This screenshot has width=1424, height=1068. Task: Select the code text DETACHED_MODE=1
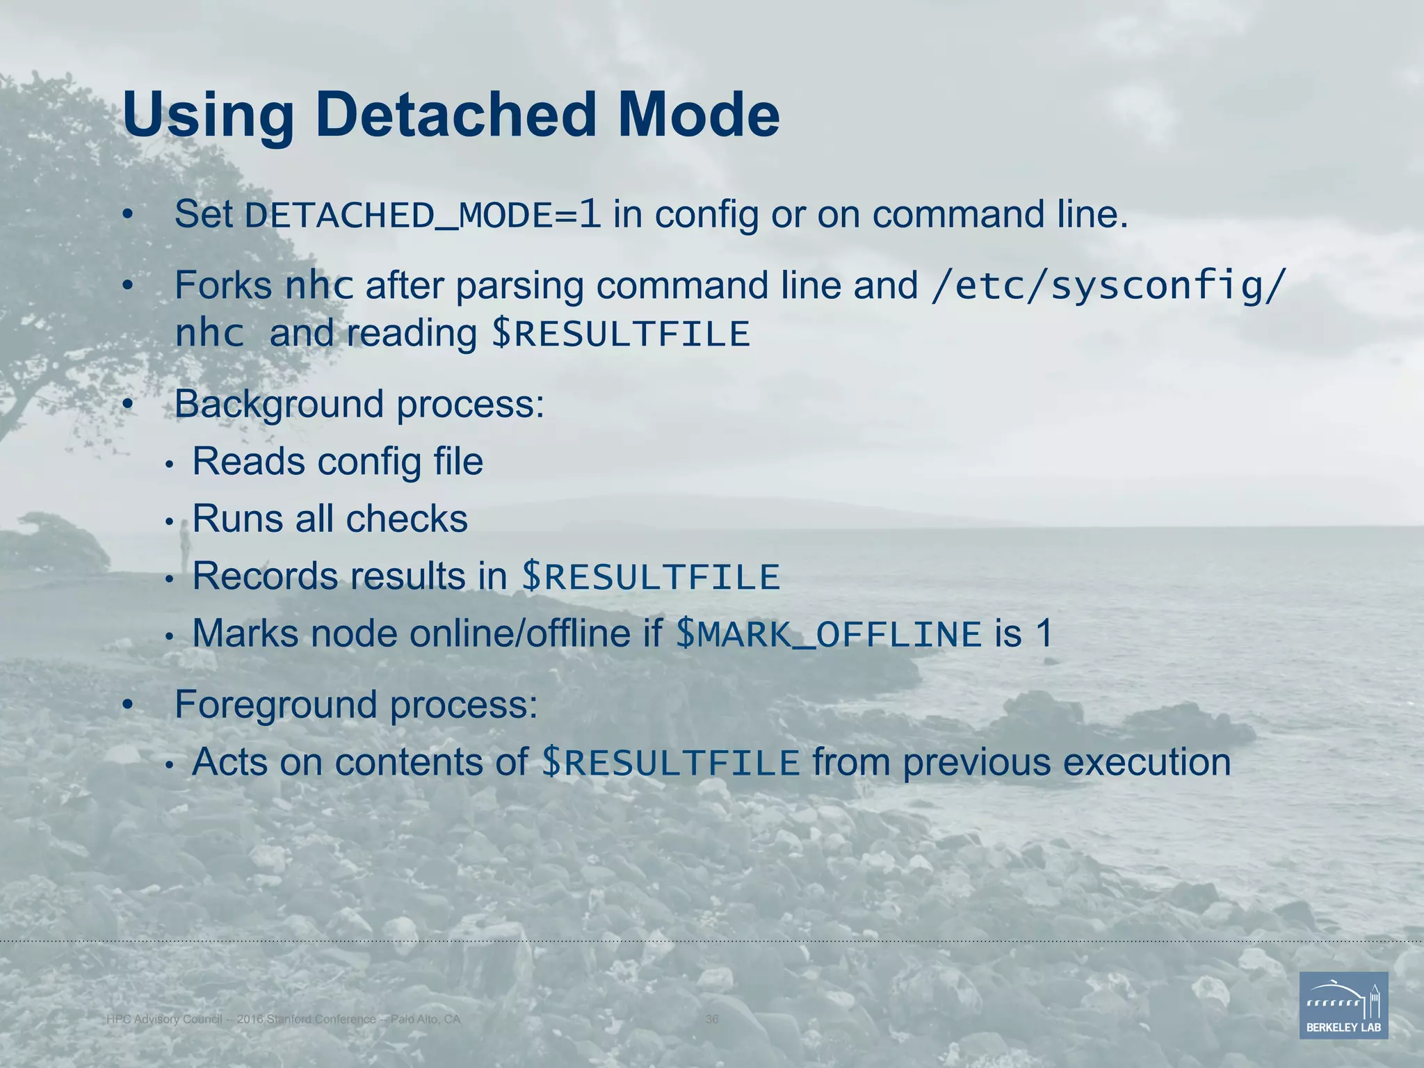click(423, 215)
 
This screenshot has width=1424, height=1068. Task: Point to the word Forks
click(223, 286)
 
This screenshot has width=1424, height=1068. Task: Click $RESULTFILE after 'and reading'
click(621, 334)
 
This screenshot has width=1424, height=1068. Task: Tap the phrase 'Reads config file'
click(337, 462)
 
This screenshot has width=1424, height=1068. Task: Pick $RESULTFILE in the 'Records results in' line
click(651, 577)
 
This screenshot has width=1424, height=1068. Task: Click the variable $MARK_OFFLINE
click(828, 634)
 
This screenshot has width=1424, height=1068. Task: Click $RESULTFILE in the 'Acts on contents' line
click(670, 763)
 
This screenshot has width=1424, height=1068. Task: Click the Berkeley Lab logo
click(1343, 1005)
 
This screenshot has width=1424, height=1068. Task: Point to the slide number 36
click(712, 1019)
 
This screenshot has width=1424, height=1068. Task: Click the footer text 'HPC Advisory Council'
click(164, 1019)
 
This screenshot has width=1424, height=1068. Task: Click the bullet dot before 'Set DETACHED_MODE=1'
click(127, 216)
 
